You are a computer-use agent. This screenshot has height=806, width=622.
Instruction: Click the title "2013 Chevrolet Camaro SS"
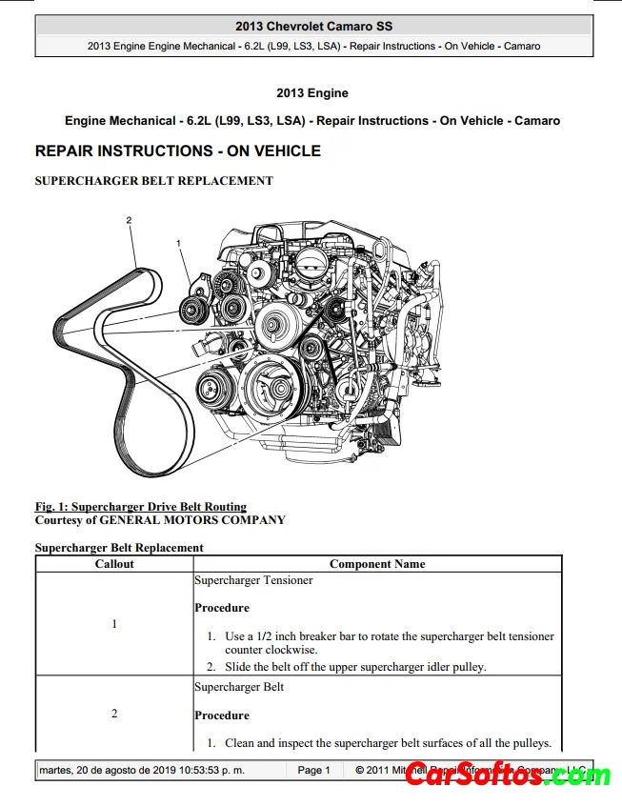pos(313,27)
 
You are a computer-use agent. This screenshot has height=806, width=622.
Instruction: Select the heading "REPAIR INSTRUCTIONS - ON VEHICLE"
pos(177,151)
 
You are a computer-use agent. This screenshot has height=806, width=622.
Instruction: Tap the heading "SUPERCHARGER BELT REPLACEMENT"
pos(153,181)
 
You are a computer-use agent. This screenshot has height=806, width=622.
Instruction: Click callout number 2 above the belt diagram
pos(129,221)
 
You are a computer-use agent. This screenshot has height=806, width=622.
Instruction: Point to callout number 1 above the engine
pos(178,244)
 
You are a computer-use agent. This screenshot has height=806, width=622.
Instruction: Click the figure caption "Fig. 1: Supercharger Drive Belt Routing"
pos(141,507)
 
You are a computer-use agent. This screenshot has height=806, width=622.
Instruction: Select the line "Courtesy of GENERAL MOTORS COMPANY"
pos(160,520)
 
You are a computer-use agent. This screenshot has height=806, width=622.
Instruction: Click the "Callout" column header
pos(114,564)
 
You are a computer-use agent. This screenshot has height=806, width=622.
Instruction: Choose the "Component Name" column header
pos(377,564)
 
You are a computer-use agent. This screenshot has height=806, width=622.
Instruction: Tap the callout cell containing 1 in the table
pos(114,624)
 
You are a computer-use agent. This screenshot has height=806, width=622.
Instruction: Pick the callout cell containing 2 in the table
pos(114,714)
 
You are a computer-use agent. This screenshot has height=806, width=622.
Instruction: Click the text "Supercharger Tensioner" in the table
pos(253,580)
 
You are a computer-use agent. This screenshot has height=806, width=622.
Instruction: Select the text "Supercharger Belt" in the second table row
pos(239,687)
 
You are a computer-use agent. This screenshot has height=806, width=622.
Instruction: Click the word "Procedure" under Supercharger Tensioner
pos(222,608)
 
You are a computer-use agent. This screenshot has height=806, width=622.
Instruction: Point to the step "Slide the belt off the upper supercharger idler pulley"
pos(355,667)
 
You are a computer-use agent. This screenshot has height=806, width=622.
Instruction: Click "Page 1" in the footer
pos(313,770)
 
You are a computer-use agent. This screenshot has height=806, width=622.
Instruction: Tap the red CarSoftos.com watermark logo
pos(508,776)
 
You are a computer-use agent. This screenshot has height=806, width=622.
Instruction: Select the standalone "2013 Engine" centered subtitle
pos(312,93)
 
